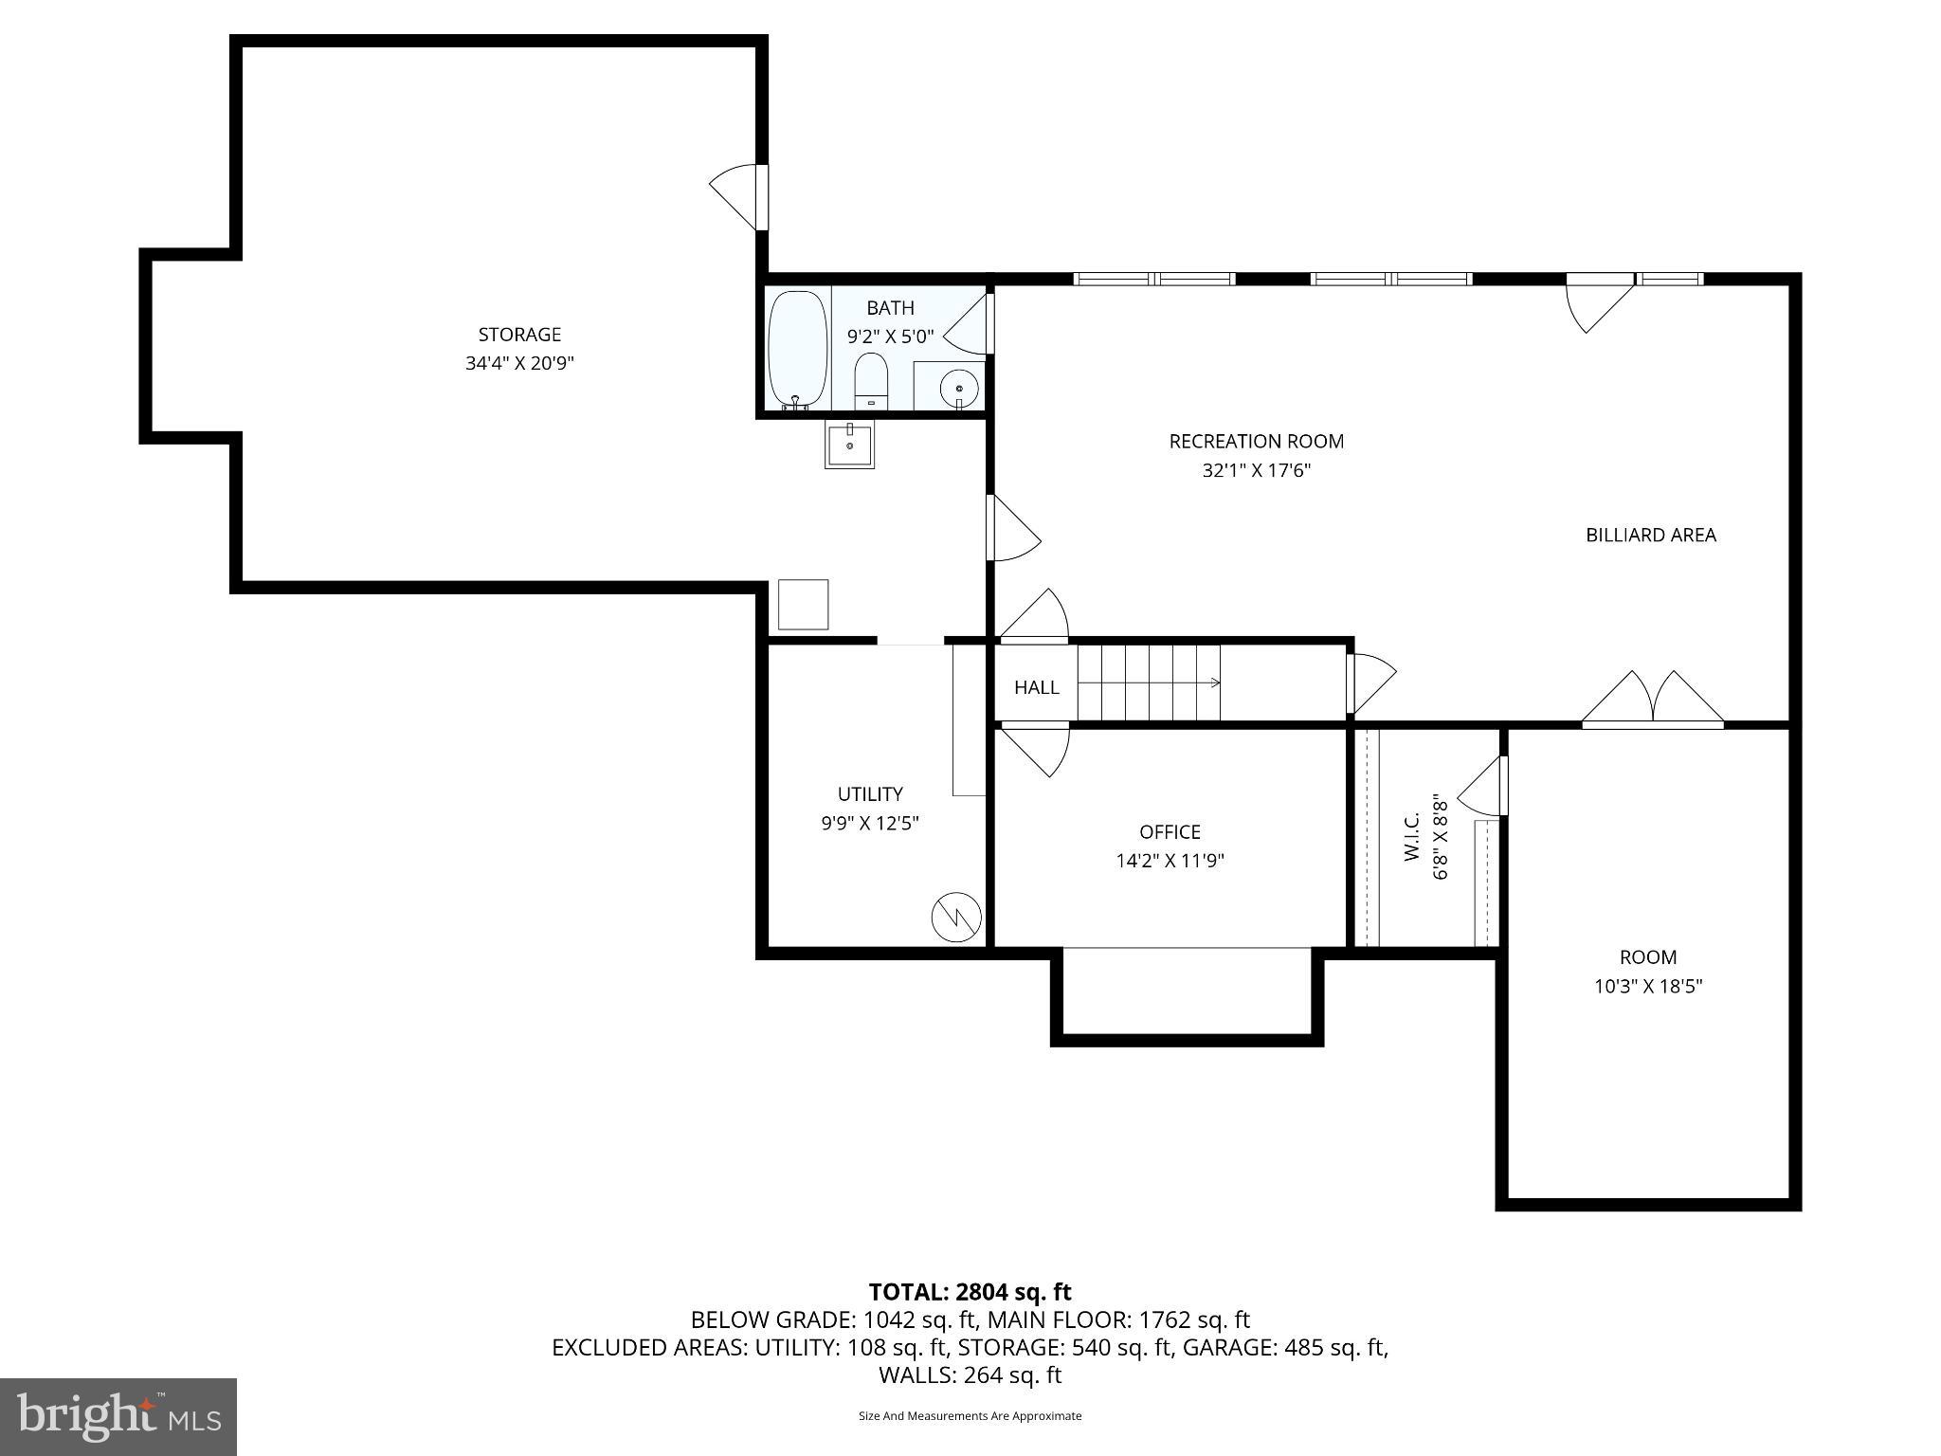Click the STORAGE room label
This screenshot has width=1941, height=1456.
[519, 335]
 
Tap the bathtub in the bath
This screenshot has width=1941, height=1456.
[797, 348]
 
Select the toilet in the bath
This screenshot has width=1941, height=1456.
[870, 382]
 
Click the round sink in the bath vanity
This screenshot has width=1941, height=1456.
[958, 387]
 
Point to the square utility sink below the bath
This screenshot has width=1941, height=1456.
[849, 446]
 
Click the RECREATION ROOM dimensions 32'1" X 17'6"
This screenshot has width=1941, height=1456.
[1256, 470]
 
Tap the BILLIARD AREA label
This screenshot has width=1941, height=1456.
[1650, 535]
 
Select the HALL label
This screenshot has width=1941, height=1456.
[1036, 687]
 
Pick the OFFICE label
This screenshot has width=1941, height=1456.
[1170, 831]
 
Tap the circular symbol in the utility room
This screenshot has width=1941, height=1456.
[956, 917]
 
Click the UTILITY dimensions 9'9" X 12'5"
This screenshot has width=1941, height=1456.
[870, 823]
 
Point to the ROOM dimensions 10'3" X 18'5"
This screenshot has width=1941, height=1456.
[1648, 986]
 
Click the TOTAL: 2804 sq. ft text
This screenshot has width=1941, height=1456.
[970, 1292]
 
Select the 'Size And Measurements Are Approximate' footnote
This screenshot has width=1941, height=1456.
[970, 1416]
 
